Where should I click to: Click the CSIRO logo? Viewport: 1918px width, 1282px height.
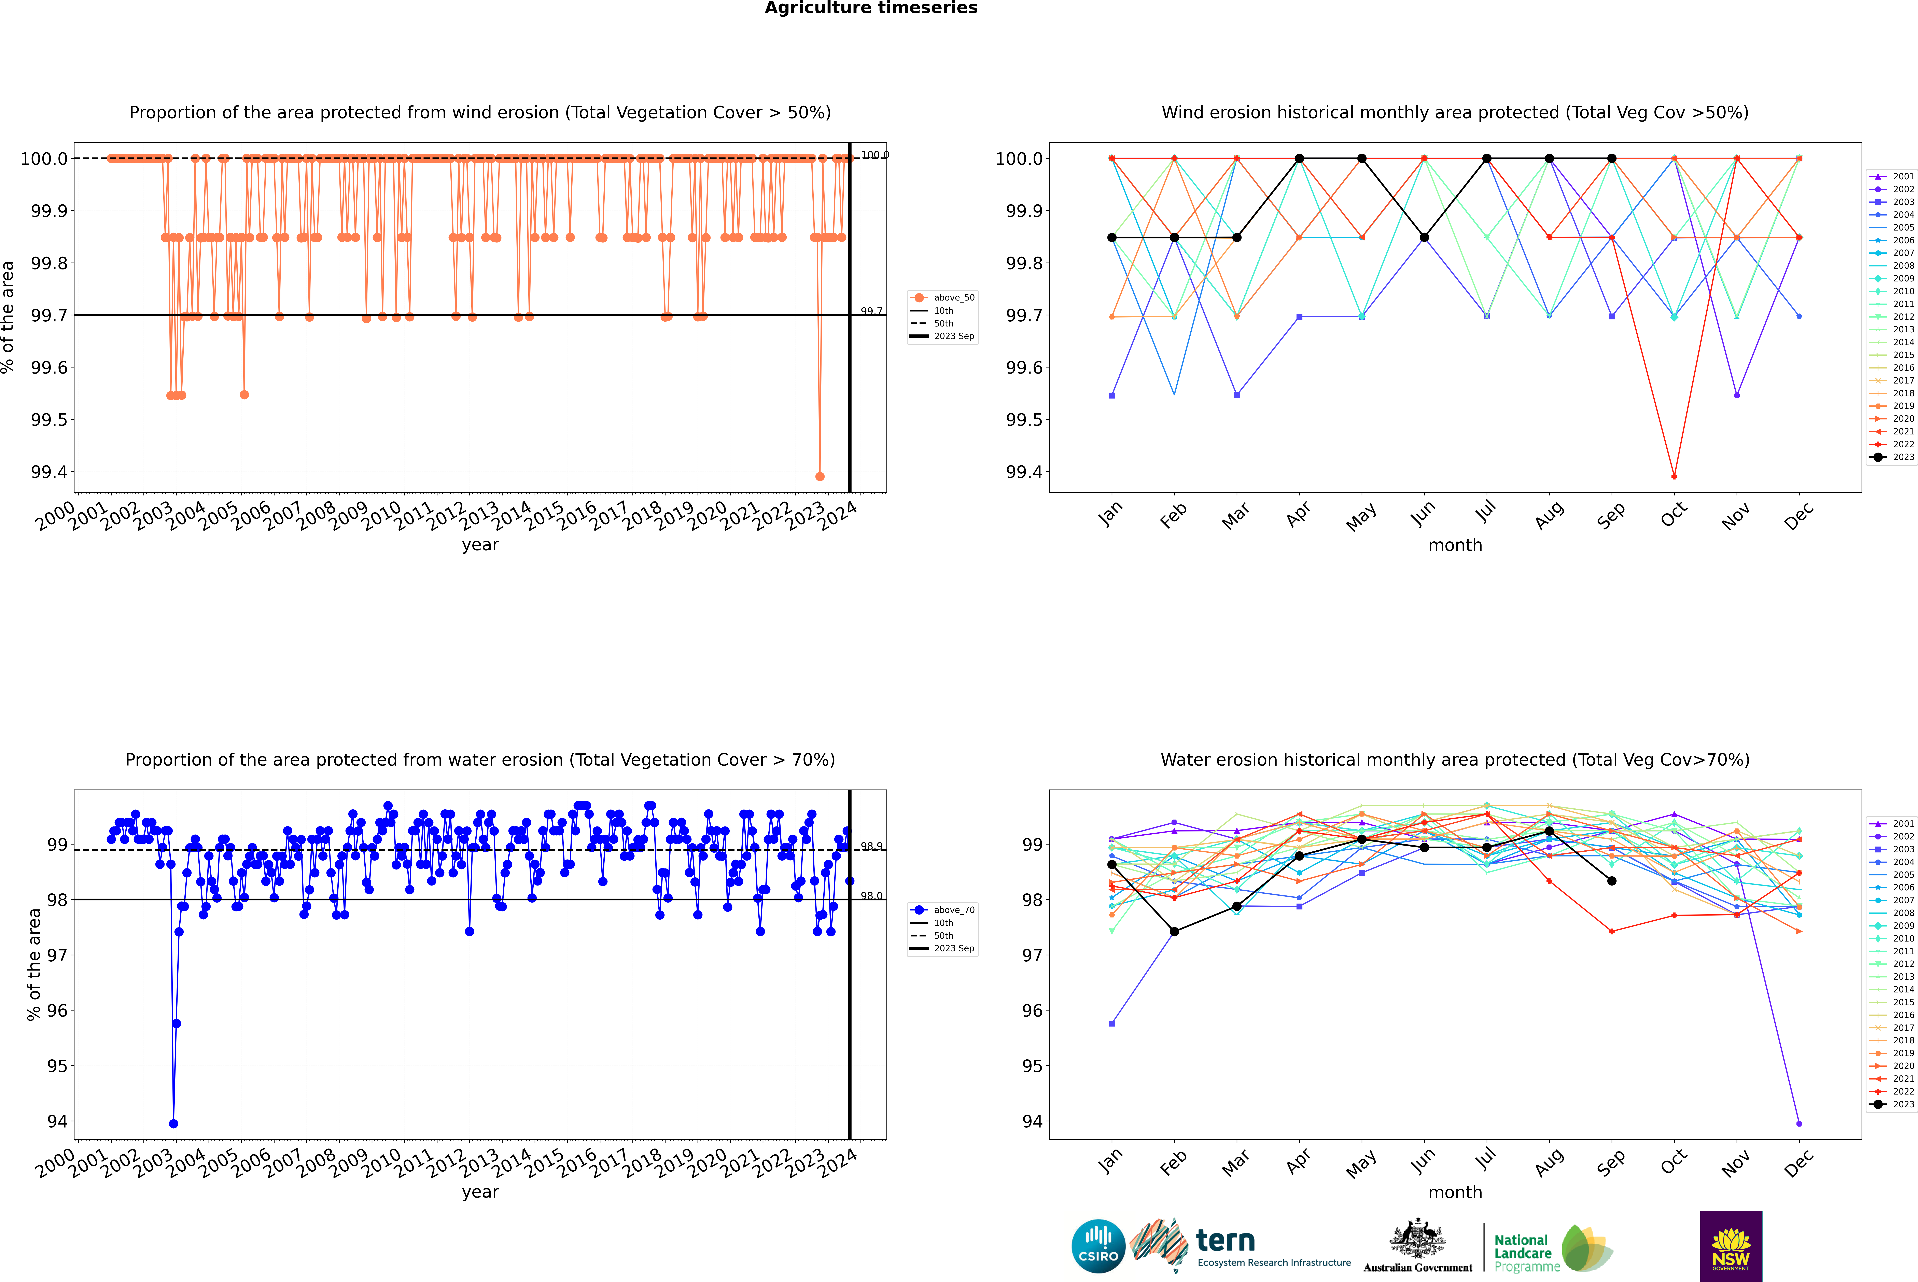[x=1098, y=1246]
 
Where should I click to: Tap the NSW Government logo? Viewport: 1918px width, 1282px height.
[x=1731, y=1246]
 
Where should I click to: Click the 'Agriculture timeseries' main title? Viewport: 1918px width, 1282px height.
[x=871, y=8]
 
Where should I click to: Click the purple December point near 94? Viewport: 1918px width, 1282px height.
[x=1799, y=1123]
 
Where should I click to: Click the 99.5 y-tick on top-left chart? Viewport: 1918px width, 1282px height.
[x=49, y=419]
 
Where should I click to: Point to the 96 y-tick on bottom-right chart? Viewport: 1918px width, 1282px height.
[x=1033, y=1011]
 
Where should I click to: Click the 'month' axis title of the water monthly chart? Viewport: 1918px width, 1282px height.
[x=1454, y=1192]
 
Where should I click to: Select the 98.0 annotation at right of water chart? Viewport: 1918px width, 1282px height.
[x=871, y=896]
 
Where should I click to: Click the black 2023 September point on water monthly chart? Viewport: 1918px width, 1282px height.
[x=1611, y=881]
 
